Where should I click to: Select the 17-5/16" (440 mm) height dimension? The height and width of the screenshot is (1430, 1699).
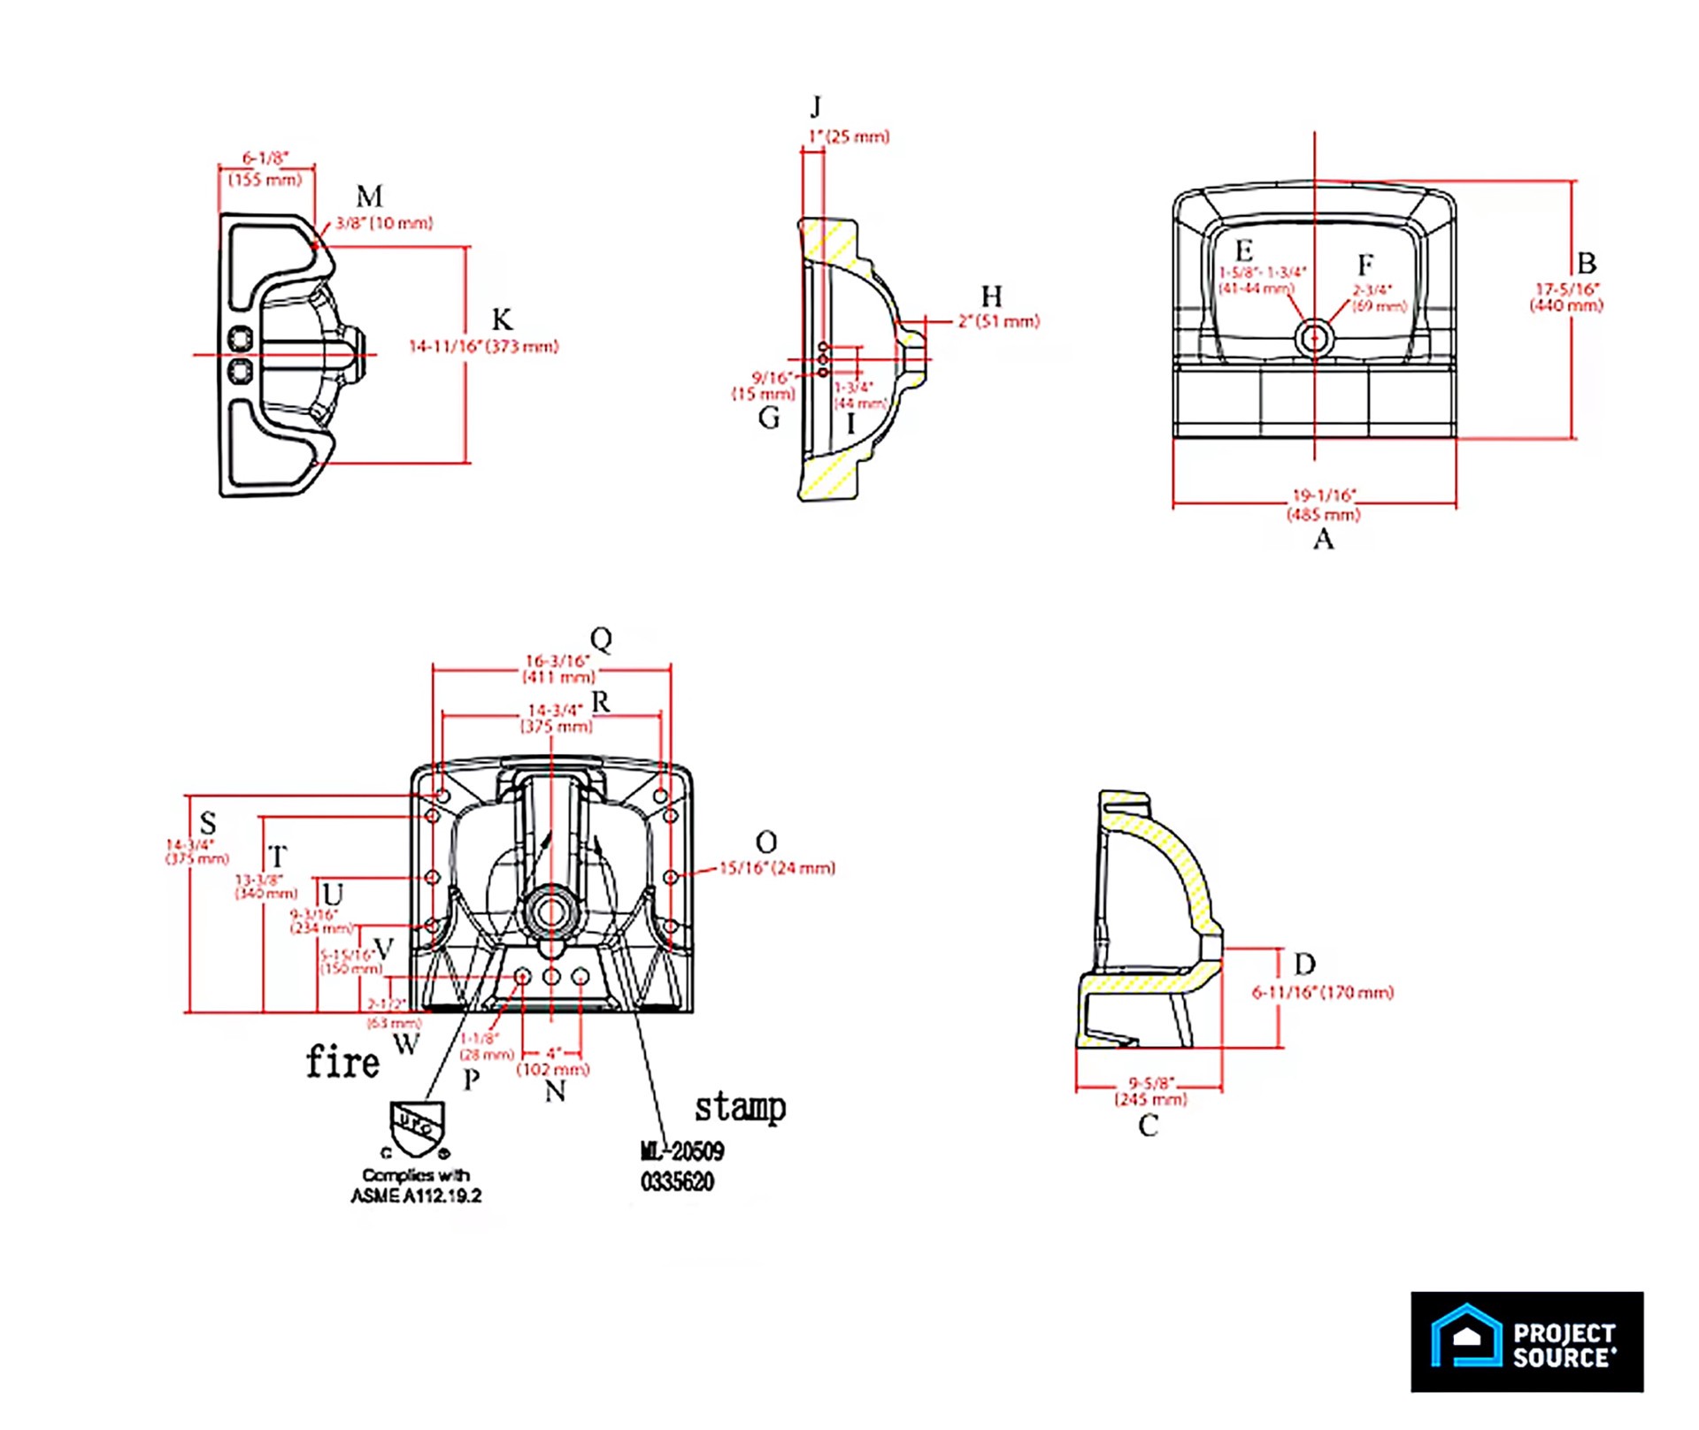click(1565, 297)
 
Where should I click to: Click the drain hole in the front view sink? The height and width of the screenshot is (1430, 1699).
click(1313, 338)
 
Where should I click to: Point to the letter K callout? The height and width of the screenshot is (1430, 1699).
click(502, 319)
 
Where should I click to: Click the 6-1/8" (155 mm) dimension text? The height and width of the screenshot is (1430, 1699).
click(265, 169)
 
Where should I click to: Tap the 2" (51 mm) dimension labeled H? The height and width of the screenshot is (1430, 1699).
click(998, 321)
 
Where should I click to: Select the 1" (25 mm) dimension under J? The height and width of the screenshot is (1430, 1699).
click(848, 137)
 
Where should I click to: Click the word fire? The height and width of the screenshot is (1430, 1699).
click(342, 1062)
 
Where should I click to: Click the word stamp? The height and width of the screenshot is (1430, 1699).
click(740, 1107)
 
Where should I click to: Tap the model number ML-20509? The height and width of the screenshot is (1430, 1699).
click(682, 1151)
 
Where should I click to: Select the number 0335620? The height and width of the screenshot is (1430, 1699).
click(677, 1181)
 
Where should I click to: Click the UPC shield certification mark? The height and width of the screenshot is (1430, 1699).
click(417, 1128)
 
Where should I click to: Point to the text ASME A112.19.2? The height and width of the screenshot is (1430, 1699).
click(416, 1196)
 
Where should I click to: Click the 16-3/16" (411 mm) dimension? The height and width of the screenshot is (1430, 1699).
click(558, 669)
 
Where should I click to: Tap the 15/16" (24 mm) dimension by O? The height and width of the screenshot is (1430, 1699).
click(776, 868)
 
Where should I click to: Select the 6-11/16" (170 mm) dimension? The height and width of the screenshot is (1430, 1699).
click(1322, 993)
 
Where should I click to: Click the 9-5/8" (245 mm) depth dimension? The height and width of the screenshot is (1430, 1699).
click(1150, 1091)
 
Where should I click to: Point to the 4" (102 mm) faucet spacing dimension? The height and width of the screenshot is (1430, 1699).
click(552, 1061)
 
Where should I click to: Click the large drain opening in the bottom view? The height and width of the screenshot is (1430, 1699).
click(551, 912)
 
